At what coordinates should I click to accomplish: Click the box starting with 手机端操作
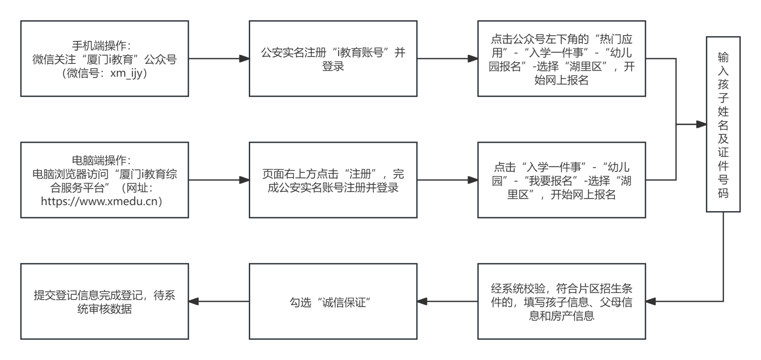coord(105,59)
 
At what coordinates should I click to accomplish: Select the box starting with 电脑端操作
coord(105,180)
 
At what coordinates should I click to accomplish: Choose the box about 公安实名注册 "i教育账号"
coord(333,59)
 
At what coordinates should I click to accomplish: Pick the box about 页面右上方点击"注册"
coord(333,180)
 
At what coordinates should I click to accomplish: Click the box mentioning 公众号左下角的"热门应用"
coord(561,59)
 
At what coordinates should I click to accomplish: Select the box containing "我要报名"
coord(561,180)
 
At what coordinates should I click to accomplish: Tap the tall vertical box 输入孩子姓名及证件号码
coord(723,124)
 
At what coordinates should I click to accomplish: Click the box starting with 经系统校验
coord(561,301)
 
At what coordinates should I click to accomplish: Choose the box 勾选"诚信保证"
coord(333,301)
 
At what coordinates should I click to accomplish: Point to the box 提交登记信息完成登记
coord(105,301)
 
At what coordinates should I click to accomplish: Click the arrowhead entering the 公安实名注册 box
coord(244,59)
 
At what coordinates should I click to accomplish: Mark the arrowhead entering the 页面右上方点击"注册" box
coord(244,180)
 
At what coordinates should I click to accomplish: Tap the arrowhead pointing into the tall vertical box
coord(702,124)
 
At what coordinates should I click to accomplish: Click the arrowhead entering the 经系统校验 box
coord(650,301)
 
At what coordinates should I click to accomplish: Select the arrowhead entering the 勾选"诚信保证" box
coord(422,301)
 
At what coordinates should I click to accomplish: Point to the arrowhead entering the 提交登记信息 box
coord(193,301)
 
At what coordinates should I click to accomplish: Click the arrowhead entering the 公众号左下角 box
coord(473,59)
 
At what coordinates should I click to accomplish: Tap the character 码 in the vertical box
coord(723,193)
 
